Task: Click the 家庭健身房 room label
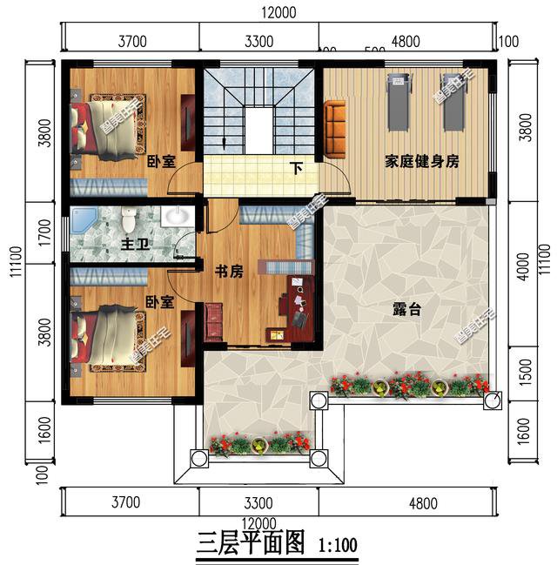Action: click(x=422, y=162)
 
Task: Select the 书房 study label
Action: click(x=229, y=272)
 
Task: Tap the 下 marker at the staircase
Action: click(x=297, y=168)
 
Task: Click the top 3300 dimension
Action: click(x=258, y=41)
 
